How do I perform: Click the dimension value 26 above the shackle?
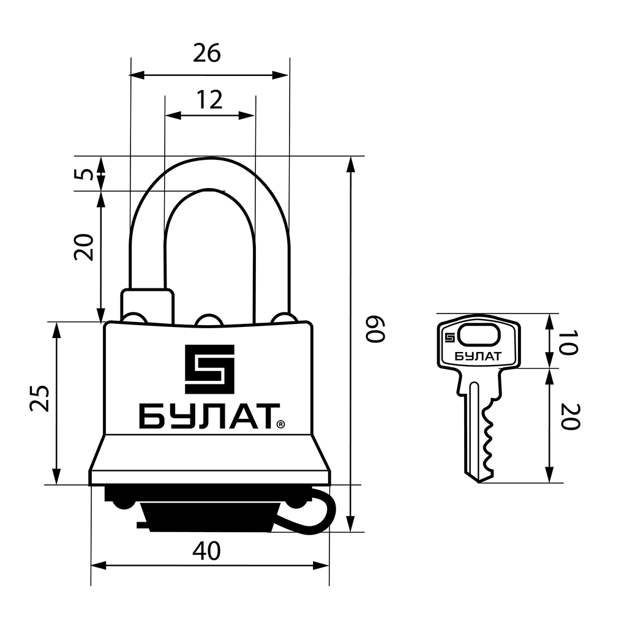(x=207, y=53)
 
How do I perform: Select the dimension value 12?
(x=209, y=100)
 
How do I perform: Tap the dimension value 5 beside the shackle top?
(x=84, y=174)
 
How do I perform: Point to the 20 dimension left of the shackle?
(x=84, y=247)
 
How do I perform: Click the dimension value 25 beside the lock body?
(x=39, y=398)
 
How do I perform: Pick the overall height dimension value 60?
(x=375, y=329)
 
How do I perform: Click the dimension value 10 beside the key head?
(x=568, y=343)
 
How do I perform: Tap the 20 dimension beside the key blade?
(x=570, y=416)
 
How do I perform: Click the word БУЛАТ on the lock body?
(x=209, y=416)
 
